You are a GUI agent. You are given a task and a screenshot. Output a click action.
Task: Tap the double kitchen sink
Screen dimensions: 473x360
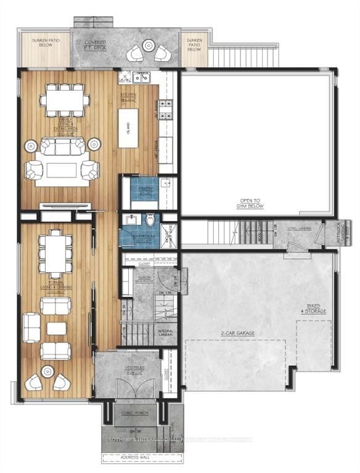(x=140, y=78)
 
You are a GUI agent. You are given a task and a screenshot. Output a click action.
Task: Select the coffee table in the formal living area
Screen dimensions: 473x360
(x=56, y=329)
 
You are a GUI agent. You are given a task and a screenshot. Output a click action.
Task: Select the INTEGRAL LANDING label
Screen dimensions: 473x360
(x=165, y=333)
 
